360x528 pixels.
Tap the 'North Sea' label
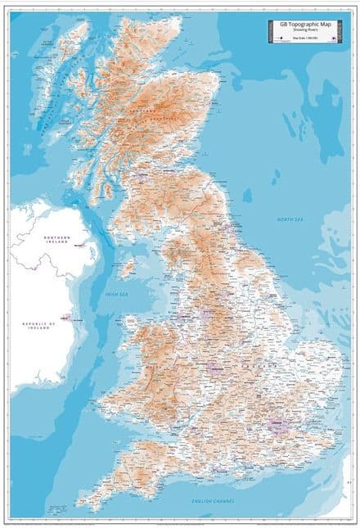click(x=290, y=219)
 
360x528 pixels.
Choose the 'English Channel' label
click(x=214, y=500)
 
